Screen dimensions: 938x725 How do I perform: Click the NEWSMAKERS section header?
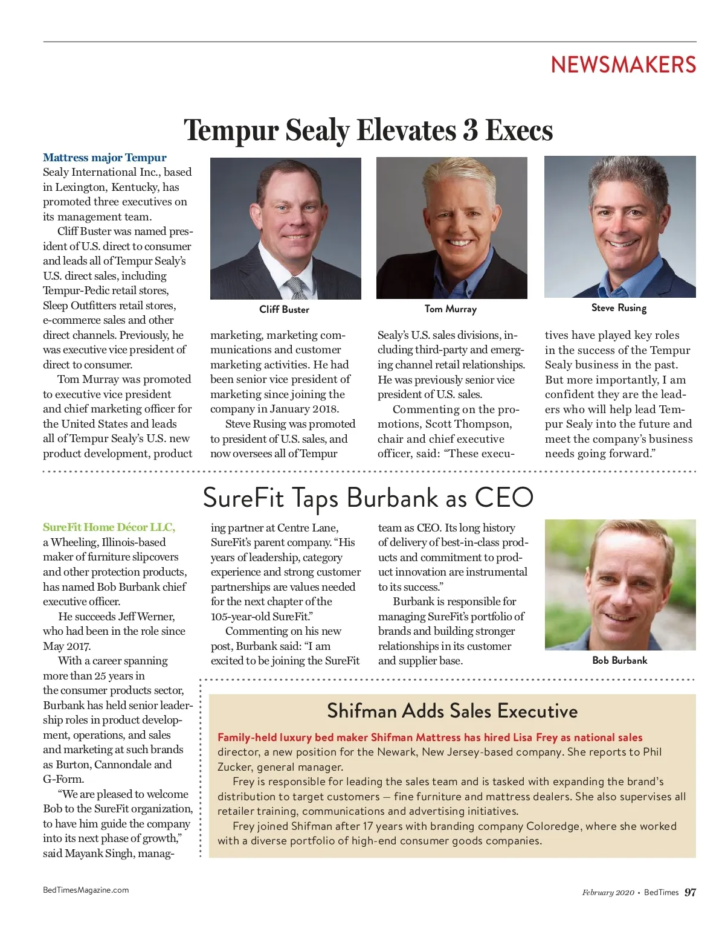tap(623, 65)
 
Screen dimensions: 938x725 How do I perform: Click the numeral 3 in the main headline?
tap(471, 130)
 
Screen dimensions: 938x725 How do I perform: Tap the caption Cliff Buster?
tap(284, 309)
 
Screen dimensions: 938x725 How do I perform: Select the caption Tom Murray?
tap(451, 309)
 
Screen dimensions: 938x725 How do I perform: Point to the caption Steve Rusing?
tap(619, 307)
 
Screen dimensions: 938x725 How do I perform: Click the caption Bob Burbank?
tap(619, 660)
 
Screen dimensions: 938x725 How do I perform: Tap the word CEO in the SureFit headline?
tap(504, 498)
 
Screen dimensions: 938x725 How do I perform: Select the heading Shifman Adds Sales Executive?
tap(452, 711)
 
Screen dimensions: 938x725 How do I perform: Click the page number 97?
tap(690, 892)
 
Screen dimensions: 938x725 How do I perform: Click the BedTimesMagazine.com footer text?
tap(86, 890)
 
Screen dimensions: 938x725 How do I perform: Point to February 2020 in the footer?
tap(608, 893)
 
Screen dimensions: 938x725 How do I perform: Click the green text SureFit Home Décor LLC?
tap(109, 527)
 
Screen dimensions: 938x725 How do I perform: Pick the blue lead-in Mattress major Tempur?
tap(105, 158)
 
